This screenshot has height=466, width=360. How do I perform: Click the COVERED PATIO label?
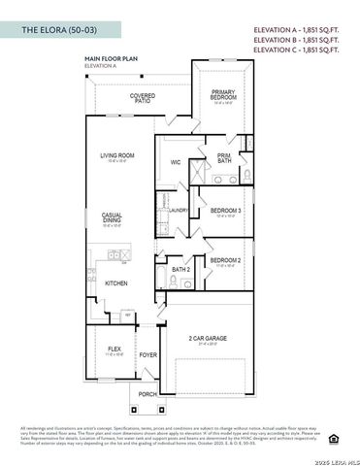(144, 99)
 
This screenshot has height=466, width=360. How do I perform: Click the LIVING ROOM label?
(116, 155)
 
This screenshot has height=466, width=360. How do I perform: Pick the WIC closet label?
(176, 163)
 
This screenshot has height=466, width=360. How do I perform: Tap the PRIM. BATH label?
(224, 157)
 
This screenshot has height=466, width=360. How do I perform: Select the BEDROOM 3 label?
(226, 211)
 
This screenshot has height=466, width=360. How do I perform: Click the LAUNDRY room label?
(179, 210)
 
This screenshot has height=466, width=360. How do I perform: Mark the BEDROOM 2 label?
(225, 260)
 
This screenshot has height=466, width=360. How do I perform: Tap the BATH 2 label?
(180, 269)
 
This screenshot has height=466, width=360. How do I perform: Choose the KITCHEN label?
(116, 283)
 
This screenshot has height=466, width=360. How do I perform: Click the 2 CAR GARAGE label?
(208, 339)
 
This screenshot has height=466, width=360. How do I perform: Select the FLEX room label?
(114, 349)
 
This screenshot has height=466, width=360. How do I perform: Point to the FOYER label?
(147, 355)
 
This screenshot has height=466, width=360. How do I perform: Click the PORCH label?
(147, 395)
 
